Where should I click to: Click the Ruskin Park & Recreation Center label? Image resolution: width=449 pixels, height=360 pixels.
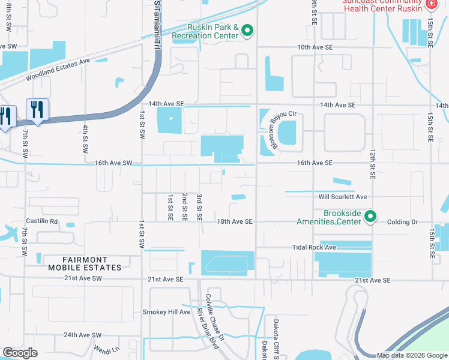pos(205,32)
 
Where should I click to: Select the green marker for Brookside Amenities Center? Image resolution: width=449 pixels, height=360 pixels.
pos(371,216)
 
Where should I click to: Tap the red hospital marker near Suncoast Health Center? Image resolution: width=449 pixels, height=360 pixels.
pos(430,5)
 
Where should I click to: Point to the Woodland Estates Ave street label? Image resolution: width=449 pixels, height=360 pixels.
pos(57,70)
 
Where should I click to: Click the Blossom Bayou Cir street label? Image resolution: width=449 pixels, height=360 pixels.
pos(275,128)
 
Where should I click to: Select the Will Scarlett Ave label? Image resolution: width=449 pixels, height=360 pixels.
pos(343,197)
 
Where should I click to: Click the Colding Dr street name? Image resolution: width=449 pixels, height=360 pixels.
pos(402,222)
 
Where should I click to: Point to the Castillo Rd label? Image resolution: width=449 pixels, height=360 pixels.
pos(41,221)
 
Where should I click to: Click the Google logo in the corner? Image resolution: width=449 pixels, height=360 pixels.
pos(20,353)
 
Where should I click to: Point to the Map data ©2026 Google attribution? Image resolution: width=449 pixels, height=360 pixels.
pos(412,355)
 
